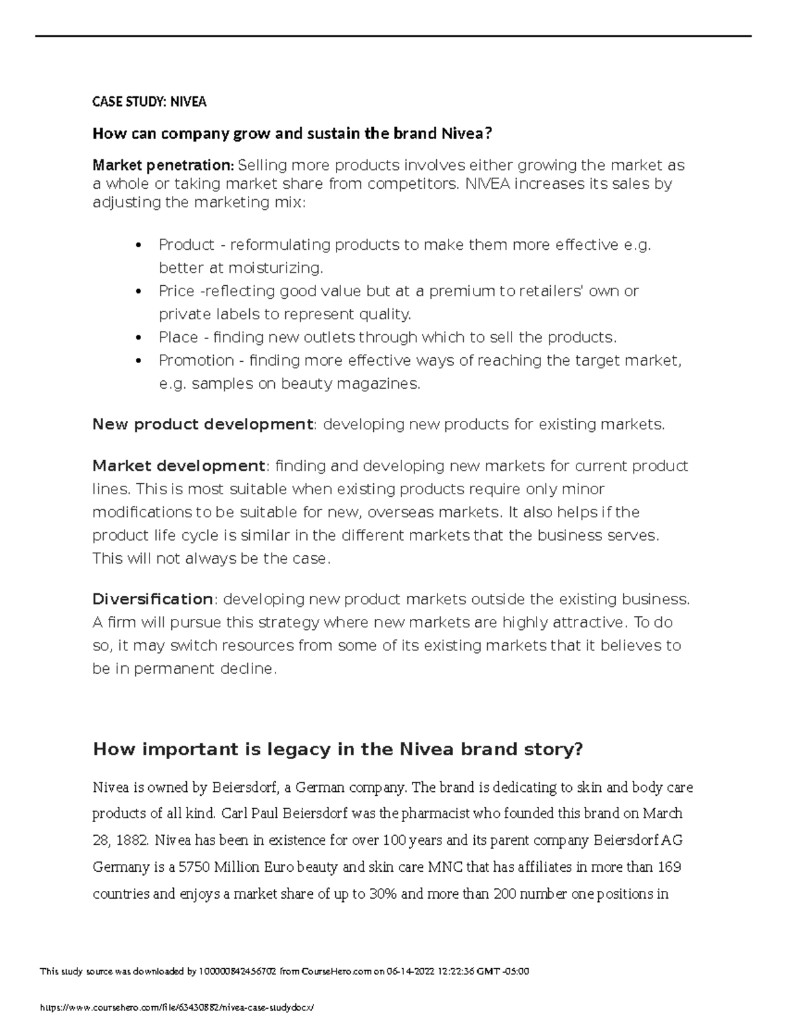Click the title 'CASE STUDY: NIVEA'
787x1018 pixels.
(x=149, y=102)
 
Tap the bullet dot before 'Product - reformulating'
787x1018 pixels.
(x=137, y=245)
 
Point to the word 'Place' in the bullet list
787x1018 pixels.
(x=178, y=338)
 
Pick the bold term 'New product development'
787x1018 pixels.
(x=203, y=425)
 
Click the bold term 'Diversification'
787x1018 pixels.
(x=153, y=599)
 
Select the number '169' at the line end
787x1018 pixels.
(x=669, y=867)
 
